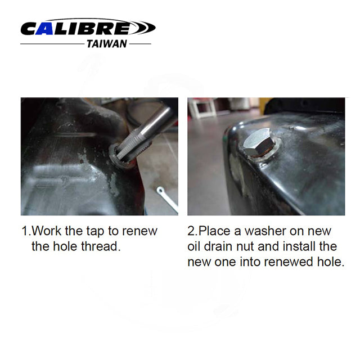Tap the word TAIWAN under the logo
pos(106,43)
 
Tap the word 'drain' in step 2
pos(217,247)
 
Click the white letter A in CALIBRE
pos(46,28)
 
